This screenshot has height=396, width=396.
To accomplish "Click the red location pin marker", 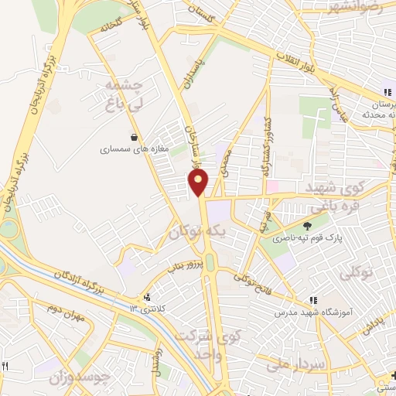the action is tap(199, 183).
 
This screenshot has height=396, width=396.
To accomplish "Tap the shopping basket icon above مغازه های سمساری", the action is tap(135, 138).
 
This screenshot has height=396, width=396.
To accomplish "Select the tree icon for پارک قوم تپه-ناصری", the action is tap(309, 226).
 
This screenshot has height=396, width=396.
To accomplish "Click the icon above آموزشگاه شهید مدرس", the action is tap(314, 300).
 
